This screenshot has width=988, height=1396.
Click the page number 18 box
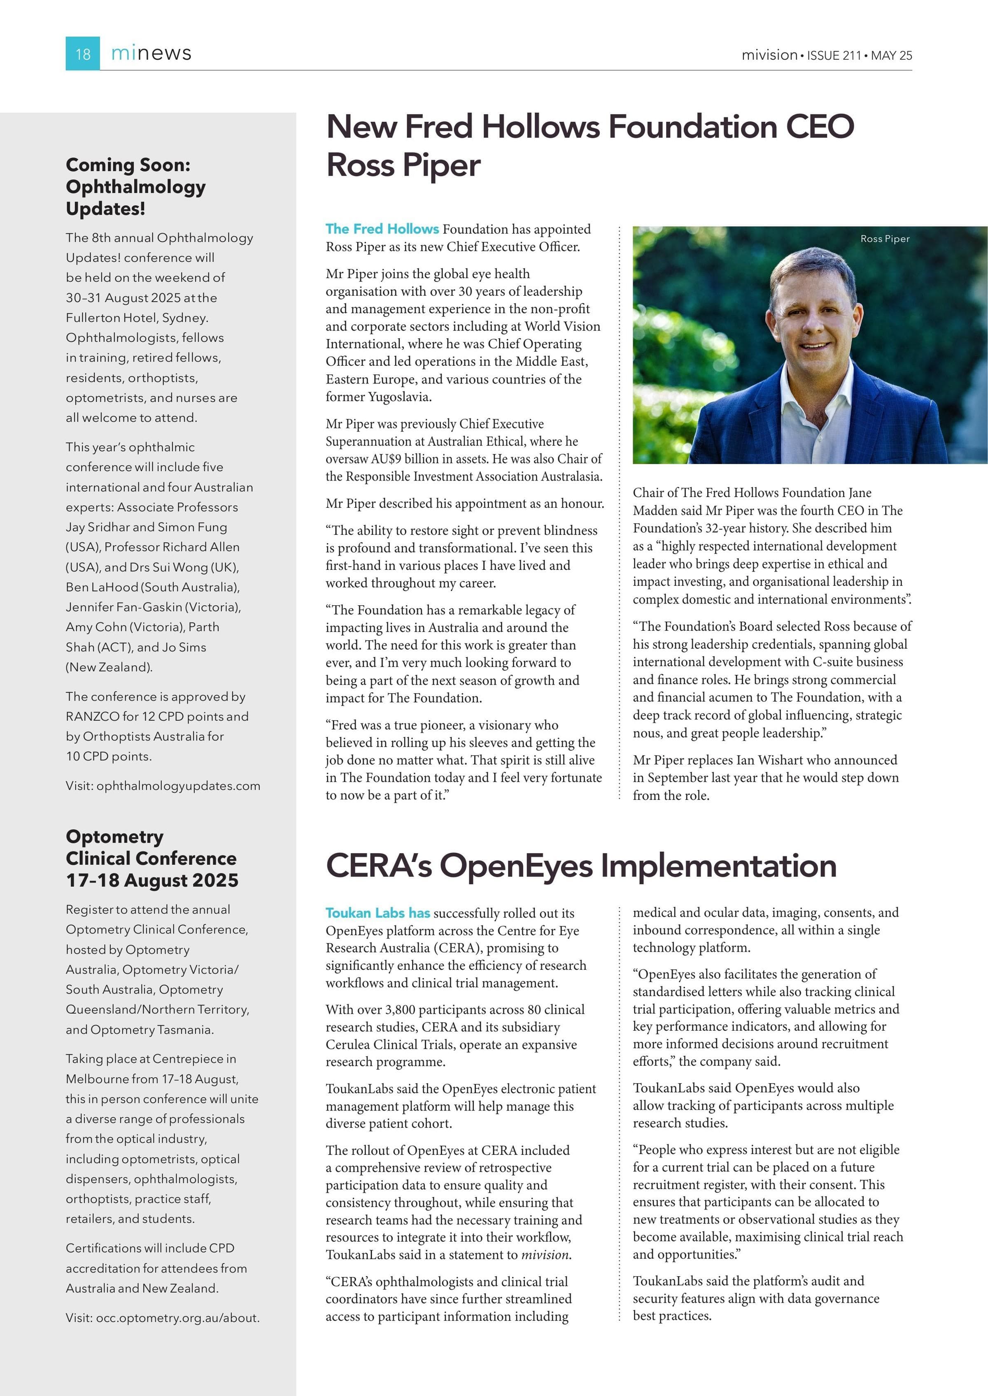pos(83,53)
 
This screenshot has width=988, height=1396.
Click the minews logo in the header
pos(151,53)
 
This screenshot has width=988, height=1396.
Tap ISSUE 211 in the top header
pos(834,55)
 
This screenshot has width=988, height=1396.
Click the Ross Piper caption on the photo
pos(885,239)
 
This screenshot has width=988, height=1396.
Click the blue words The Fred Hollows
pos(382,229)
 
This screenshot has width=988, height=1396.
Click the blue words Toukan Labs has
pos(377,913)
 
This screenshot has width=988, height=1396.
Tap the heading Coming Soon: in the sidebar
pos(128,165)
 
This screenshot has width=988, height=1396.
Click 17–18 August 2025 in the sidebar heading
pos(152,880)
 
